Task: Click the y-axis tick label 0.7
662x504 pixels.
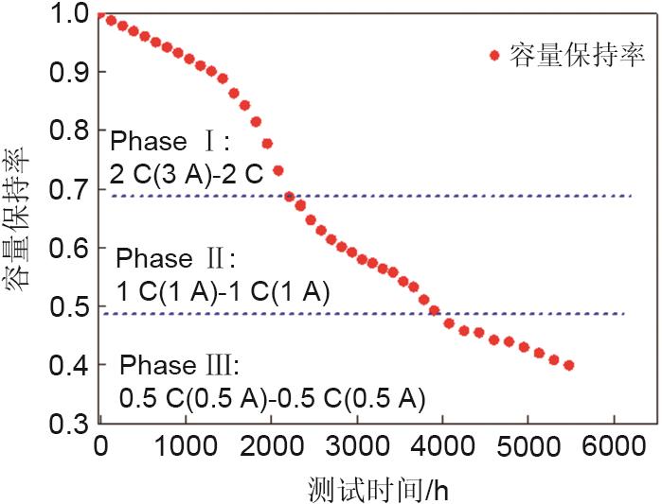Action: pos(68,189)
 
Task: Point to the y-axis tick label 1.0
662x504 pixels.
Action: pos(68,13)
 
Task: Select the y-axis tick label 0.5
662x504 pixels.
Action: pos(68,306)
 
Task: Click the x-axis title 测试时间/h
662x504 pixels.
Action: pos(376,487)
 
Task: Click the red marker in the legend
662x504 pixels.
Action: pos(493,56)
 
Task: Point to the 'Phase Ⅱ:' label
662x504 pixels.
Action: pos(174,258)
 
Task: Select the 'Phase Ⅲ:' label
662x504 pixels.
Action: pos(181,366)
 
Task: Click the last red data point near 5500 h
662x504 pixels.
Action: pos(568,365)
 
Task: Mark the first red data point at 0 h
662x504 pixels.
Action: pos(100,15)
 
